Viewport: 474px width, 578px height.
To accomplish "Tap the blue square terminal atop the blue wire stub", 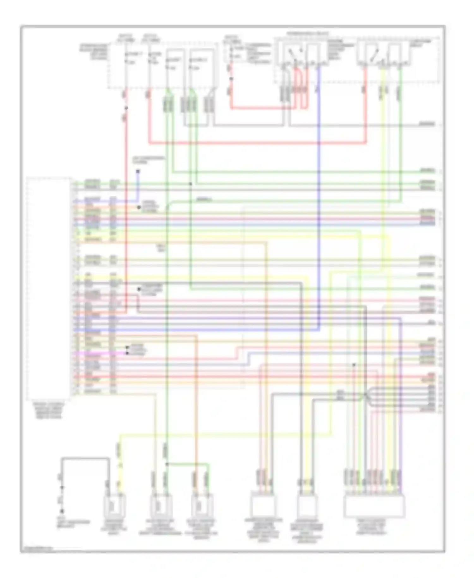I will coord(138,172).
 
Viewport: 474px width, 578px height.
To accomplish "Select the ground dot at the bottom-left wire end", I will coord(62,511).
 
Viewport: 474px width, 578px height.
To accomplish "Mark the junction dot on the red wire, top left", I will coord(126,108).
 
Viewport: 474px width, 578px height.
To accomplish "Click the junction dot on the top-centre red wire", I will coord(231,79).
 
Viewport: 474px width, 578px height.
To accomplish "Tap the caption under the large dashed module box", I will coord(49,410).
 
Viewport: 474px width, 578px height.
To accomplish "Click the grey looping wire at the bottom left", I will coord(85,458).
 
